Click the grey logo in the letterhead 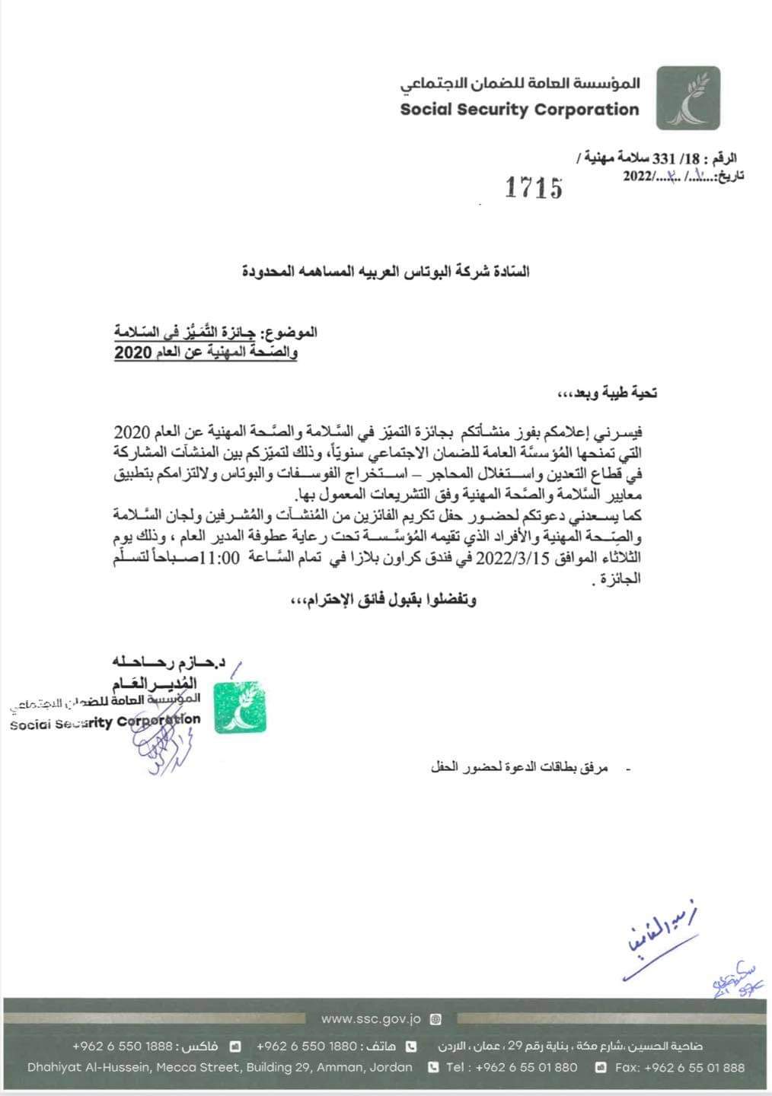click(687, 97)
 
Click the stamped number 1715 click(534, 187)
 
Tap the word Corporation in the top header click(587, 110)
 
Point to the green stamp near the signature click(240, 708)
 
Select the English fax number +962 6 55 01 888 click(694, 1068)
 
